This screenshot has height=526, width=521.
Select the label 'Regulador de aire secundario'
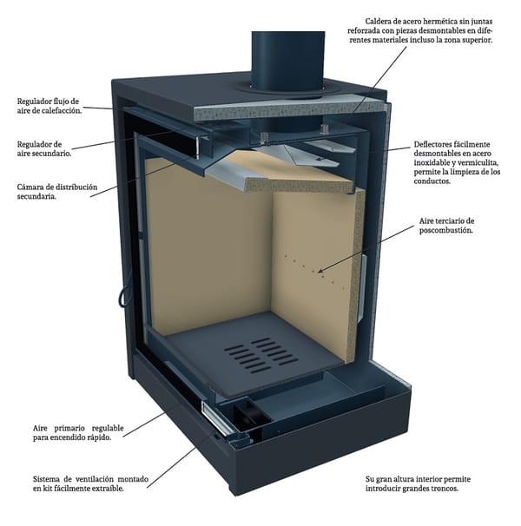(44, 148)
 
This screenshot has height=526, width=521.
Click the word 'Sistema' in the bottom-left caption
(48, 478)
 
